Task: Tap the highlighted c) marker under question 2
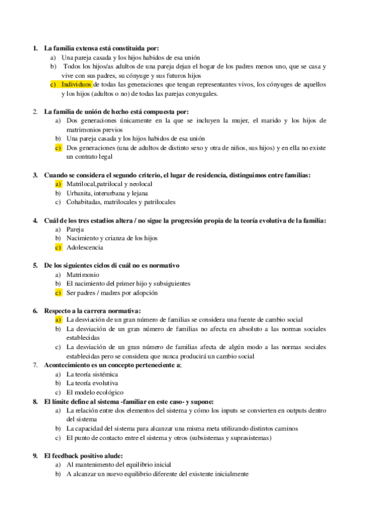tap(58, 148)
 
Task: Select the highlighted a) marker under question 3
tap(58, 184)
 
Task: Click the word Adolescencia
tap(85, 247)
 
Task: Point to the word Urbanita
tap(80, 193)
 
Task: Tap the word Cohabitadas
tap(86, 202)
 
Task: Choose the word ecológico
tap(109, 392)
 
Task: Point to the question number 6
tap(35, 310)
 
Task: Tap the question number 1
tap(35, 48)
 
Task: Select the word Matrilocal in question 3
tap(82, 184)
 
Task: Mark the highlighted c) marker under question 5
tap(58, 292)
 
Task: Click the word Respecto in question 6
tap(59, 310)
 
